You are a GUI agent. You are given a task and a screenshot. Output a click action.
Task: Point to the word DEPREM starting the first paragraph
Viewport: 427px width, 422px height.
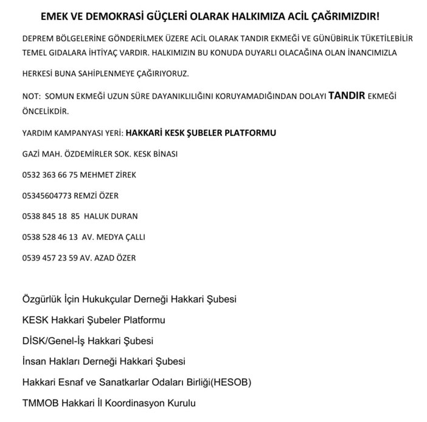tap(37, 38)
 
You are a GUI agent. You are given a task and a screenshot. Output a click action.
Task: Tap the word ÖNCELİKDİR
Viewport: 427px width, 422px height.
tap(46, 111)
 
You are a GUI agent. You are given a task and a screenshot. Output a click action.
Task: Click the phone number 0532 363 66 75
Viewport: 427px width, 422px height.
tap(50, 175)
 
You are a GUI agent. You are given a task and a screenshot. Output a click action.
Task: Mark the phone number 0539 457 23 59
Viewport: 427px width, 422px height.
tap(50, 257)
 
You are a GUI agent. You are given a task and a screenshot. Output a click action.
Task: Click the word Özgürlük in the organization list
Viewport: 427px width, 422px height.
tap(43, 299)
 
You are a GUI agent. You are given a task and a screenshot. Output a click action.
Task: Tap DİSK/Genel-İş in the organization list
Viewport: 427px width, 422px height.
tap(51, 341)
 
